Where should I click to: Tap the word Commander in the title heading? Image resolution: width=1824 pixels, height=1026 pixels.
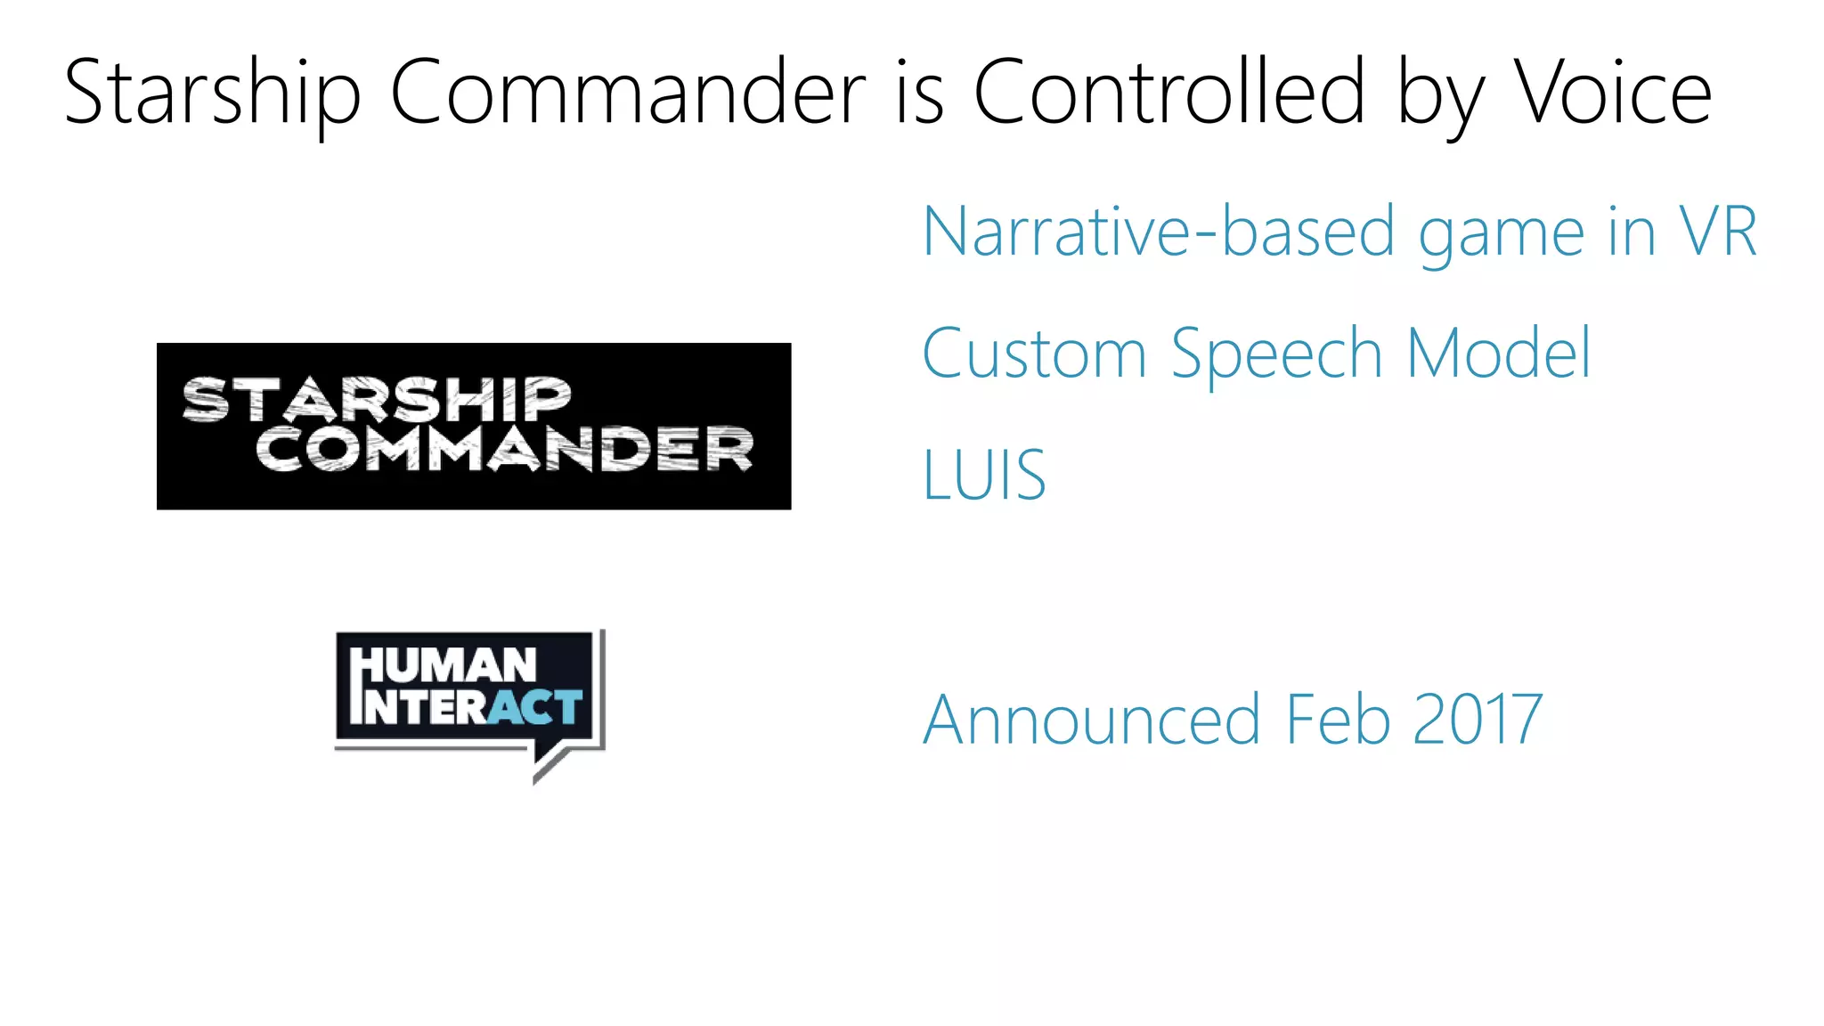point(628,92)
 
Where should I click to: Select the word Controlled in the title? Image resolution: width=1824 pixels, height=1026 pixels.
point(1168,92)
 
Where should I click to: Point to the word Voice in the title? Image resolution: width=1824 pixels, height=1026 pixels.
point(1613,92)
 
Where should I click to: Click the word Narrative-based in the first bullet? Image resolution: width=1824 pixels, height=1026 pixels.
point(1158,232)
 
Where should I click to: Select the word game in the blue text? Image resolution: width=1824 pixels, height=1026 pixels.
point(1501,236)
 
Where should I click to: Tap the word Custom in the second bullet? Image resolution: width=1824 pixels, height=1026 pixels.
point(1034,354)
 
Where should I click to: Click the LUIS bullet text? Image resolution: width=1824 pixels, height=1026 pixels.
point(984,476)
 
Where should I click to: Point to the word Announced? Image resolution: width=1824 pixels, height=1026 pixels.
point(1092,720)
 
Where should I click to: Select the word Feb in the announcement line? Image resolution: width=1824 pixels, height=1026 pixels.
point(1338,720)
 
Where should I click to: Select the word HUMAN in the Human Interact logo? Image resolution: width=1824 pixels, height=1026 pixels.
point(444,666)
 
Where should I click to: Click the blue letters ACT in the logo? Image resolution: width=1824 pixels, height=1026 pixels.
point(535,707)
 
